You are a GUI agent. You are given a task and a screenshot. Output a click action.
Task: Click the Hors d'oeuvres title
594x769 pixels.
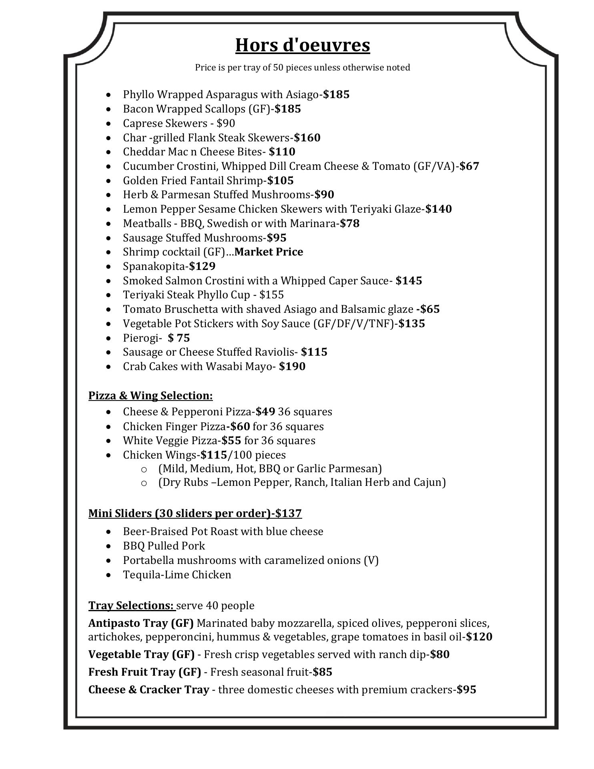coord(302,45)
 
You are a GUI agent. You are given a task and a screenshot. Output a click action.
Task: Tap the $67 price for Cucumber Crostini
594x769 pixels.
coord(469,166)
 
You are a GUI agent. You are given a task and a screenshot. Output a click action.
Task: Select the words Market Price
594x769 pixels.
coord(269,252)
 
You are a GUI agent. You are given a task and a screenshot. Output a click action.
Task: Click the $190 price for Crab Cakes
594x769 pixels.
coord(292,366)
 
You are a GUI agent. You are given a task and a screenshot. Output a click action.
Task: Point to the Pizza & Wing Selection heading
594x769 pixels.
coord(151,396)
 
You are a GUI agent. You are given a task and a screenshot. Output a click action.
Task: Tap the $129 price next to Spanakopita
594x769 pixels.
coord(203,266)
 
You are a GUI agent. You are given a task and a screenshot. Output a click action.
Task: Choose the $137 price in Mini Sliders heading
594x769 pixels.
coord(288,513)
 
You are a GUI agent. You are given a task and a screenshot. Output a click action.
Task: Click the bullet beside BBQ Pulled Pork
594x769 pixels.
coord(109,546)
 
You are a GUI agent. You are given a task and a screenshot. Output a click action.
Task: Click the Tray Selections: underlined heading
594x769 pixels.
coord(131,605)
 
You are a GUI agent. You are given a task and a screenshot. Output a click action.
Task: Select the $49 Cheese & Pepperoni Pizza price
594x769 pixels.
coord(265,412)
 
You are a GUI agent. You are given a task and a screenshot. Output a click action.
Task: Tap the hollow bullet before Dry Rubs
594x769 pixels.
coord(144,483)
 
